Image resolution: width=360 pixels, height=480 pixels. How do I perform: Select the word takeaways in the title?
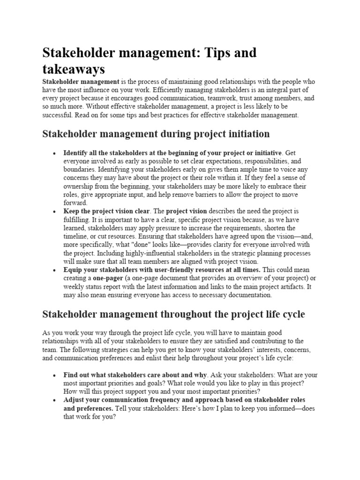click(x=74, y=69)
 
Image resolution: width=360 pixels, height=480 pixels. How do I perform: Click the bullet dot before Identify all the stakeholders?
click(x=55, y=153)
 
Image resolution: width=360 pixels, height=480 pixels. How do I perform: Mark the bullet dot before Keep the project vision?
click(x=55, y=211)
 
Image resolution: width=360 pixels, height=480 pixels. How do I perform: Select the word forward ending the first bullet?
click(x=75, y=203)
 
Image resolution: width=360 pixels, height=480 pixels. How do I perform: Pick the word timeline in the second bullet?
click(x=77, y=237)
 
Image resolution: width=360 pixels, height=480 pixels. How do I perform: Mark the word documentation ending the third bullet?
click(x=247, y=295)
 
